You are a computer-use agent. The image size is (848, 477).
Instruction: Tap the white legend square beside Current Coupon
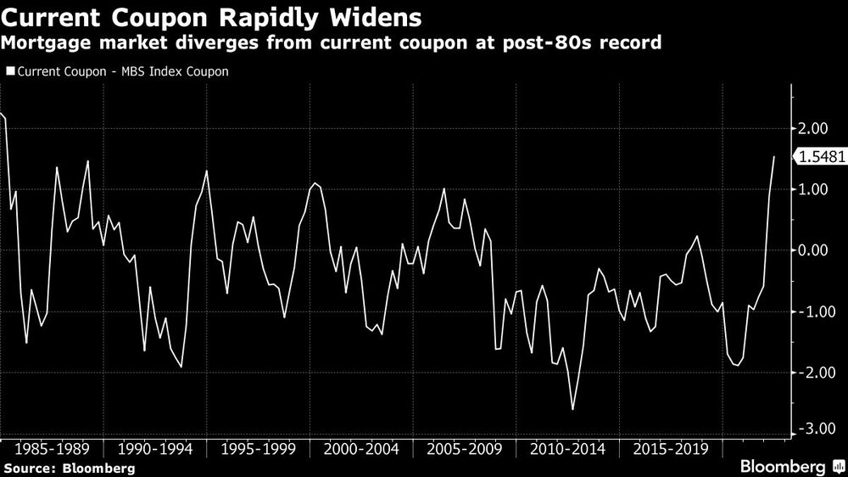click(10, 71)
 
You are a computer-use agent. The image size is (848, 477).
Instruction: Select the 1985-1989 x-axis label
click(52, 448)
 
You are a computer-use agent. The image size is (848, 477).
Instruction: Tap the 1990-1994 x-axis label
click(155, 448)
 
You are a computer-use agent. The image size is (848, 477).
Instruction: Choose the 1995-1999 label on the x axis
click(259, 448)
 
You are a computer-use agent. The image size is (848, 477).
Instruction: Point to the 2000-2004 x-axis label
click(362, 448)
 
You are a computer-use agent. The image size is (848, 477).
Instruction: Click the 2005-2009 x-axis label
click(466, 448)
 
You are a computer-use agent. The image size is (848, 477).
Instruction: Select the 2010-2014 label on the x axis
click(569, 448)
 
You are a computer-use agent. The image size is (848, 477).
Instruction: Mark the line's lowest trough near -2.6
click(572, 409)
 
